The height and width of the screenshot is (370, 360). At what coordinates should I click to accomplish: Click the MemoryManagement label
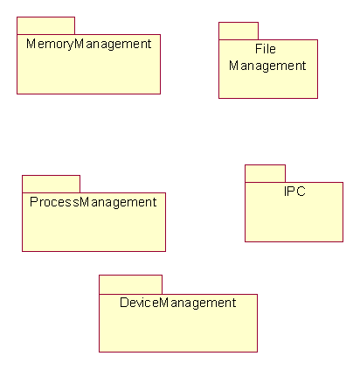[89, 45]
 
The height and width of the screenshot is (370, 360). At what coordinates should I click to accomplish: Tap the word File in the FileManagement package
[266, 49]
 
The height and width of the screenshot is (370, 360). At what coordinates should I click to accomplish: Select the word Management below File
[267, 66]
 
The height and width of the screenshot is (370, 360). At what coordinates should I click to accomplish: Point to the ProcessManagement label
[93, 202]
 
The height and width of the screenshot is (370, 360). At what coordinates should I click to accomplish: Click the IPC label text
[294, 192]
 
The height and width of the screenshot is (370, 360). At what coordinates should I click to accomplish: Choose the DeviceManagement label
[178, 303]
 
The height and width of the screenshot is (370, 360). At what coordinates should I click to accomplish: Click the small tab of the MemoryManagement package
[45, 25]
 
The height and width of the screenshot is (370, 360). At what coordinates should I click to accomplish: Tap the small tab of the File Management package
[239, 31]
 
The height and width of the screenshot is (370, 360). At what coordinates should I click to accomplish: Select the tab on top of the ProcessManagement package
[51, 184]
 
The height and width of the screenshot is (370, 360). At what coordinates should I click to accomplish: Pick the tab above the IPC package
[265, 173]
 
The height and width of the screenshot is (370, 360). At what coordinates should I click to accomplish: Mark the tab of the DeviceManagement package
[130, 284]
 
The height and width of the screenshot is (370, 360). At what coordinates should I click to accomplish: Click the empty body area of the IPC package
[294, 220]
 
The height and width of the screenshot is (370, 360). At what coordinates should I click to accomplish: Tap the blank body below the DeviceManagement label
[178, 331]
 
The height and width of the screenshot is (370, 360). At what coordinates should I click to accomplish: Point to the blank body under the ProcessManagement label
[93, 230]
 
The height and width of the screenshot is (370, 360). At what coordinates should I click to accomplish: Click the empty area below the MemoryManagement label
[88, 73]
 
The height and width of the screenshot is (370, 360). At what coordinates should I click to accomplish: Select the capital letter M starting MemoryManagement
[31, 44]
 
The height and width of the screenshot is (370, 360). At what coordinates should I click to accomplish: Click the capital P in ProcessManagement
[34, 202]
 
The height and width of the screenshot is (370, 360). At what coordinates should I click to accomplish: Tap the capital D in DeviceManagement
[124, 303]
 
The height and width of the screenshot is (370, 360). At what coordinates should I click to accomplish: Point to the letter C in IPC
[301, 192]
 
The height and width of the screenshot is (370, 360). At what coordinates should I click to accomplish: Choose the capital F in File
[259, 49]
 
